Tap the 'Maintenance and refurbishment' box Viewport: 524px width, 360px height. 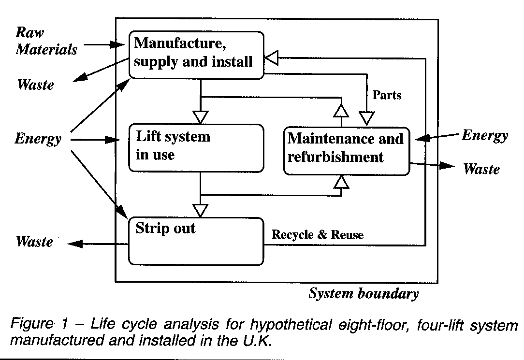[346, 151]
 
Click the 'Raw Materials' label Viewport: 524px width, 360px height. [46, 41]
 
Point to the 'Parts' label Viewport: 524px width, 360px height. [387, 95]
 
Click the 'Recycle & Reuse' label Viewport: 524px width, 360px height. [318, 235]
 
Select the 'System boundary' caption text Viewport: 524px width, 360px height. [364, 293]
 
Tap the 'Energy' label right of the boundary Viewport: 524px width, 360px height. [484, 135]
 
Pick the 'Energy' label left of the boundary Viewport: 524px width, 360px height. [38, 139]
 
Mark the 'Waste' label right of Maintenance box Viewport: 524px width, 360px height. [481, 169]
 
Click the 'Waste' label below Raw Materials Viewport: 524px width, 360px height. [35, 85]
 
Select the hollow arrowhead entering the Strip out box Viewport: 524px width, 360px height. [200, 210]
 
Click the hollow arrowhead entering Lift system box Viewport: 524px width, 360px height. [200, 117]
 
